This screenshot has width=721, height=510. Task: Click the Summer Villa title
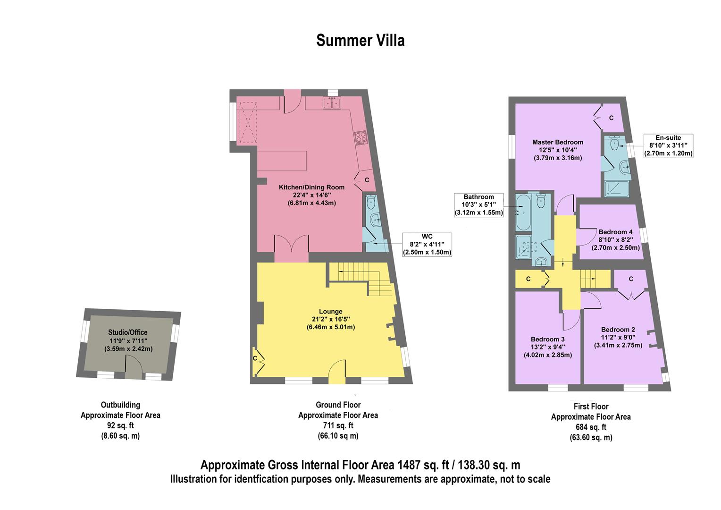point(360,41)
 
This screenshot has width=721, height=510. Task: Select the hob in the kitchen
point(361,137)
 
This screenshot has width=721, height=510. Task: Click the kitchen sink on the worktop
point(332,102)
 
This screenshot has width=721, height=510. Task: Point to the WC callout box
point(427,244)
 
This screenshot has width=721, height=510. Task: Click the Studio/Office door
point(133,367)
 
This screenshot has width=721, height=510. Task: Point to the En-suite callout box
point(668,145)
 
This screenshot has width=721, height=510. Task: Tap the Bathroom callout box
point(478,205)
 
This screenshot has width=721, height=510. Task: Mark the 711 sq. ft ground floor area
point(338,425)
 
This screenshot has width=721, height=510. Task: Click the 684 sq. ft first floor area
point(590,427)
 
